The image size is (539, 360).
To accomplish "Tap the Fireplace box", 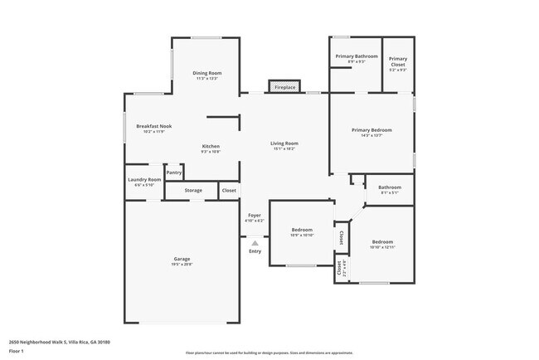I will (x=284, y=87).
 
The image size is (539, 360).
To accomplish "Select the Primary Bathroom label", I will (x=357, y=57).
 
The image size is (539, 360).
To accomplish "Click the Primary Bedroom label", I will (x=371, y=131).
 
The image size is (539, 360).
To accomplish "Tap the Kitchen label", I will (x=210, y=147).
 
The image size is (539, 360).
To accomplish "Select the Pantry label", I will (x=174, y=173).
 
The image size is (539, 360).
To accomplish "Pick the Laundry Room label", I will (x=143, y=180).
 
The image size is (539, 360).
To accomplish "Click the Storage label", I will (x=193, y=191).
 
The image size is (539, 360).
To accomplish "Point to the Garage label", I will (x=182, y=260).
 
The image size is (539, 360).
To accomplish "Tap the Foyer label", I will (x=255, y=216).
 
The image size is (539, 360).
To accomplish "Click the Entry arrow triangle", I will (x=255, y=243).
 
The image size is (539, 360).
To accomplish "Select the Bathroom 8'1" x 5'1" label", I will (x=390, y=188).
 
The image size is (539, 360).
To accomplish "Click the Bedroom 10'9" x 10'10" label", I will (x=302, y=231).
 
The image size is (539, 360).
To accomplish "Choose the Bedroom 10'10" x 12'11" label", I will (x=382, y=243).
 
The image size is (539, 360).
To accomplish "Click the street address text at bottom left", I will (x=59, y=342).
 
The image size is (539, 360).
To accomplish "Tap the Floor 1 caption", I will (x=17, y=351).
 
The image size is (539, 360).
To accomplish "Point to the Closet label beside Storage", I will (x=229, y=191).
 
